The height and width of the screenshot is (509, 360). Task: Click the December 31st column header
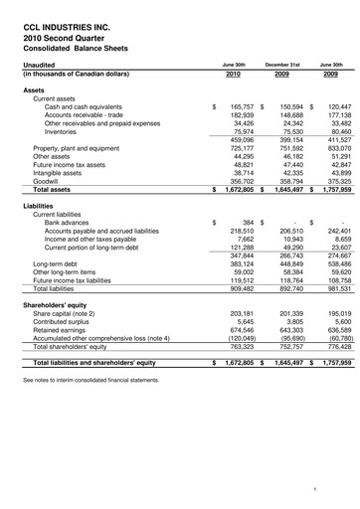coord(282,63)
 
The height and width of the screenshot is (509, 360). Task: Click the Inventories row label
coord(61,131)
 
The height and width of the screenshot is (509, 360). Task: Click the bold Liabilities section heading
coord(40,205)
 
